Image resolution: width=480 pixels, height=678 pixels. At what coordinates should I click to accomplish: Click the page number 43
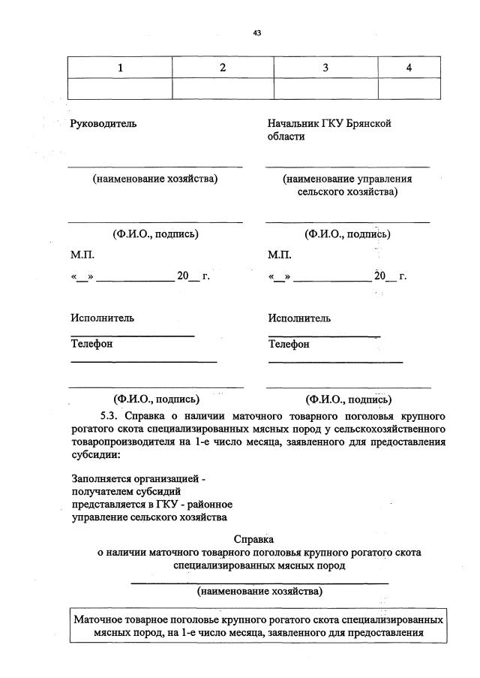256,33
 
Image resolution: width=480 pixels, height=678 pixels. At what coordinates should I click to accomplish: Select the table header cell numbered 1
120,68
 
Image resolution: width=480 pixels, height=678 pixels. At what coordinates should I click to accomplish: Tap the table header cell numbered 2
223,68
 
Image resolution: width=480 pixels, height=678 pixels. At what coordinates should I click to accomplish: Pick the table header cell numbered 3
325,68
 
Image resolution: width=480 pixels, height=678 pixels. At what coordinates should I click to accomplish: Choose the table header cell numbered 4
409,68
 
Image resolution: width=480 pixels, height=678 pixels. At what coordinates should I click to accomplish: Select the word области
286,137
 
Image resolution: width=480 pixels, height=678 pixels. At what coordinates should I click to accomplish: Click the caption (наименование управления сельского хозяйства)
347,185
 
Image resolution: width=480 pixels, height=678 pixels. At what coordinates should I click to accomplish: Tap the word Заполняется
102,478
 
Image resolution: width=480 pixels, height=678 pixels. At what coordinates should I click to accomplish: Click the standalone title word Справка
254,539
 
